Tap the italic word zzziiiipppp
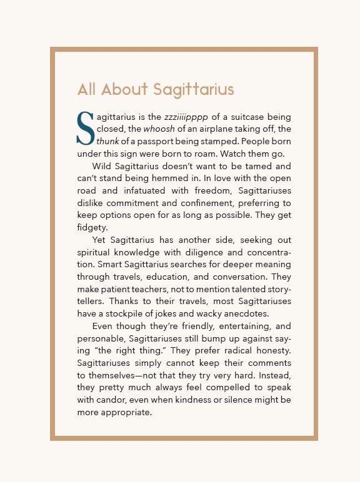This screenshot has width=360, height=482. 187,117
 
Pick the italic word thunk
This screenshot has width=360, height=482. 107,141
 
